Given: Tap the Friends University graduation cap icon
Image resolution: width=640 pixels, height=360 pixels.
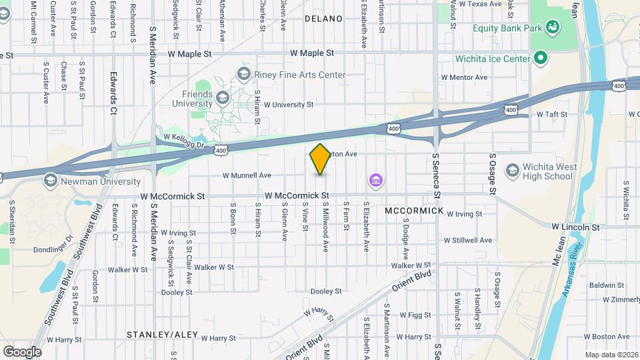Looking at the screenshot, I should pyautogui.click(x=221, y=99).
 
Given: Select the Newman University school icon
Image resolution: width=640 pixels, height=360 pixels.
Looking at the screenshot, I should pyautogui.click(x=51, y=181).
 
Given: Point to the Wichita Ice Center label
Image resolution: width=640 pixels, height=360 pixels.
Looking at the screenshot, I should pyautogui.click(x=493, y=59).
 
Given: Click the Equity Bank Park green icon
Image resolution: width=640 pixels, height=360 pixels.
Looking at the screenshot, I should pyautogui.click(x=552, y=27).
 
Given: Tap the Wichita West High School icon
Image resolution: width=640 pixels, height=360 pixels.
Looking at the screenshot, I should pyautogui.click(x=513, y=171).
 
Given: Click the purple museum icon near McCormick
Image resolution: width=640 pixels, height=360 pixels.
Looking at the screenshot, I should pyautogui.click(x=376, y=181).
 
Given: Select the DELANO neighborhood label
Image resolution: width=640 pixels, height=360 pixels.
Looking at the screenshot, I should pyautogui.click(x=323, y=19).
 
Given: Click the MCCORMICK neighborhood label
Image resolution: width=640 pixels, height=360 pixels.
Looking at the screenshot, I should pyautogui.click(x=414, y=211).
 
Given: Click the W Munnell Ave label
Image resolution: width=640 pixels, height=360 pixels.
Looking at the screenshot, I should pyautogui.click(x=247, y=175).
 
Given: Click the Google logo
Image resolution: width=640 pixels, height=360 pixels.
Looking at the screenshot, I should pyautogui.click(x=22, y=352).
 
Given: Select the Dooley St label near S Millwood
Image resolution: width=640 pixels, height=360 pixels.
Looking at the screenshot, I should pyautogui.click(x=326, y=291).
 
